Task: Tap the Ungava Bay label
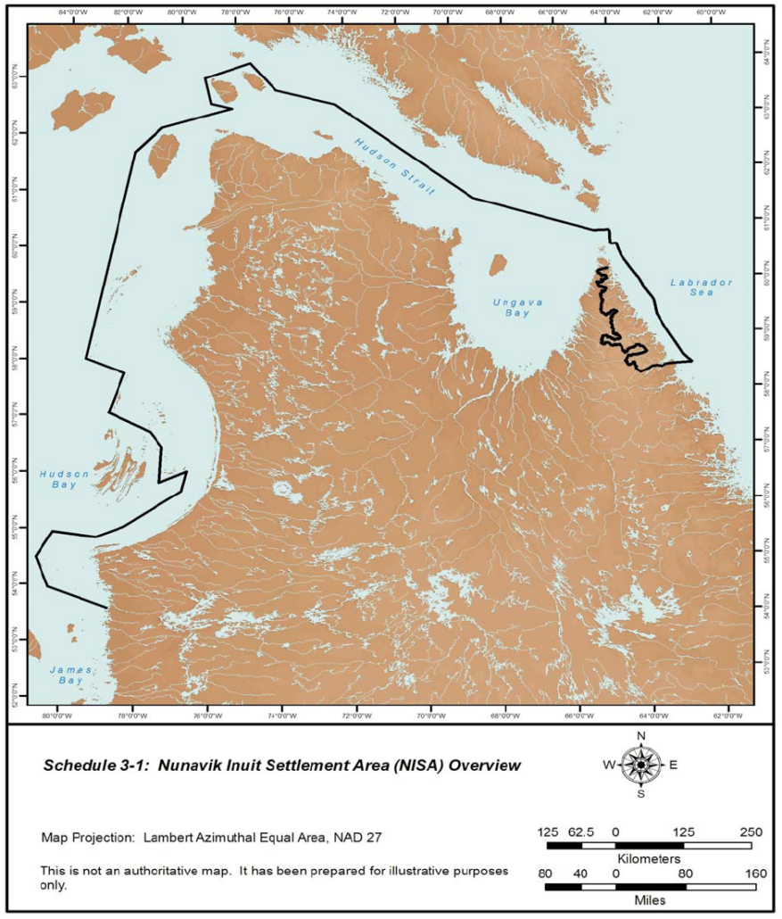pos(512,308)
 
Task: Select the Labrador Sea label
pos(701,288)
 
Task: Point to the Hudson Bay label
pos(64,479)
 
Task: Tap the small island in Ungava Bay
pos(498,265)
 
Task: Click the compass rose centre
pos(640,765)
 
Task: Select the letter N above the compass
pos(640,736)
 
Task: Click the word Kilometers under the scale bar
pos(649,857)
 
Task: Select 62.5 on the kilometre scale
pos(582,832)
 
